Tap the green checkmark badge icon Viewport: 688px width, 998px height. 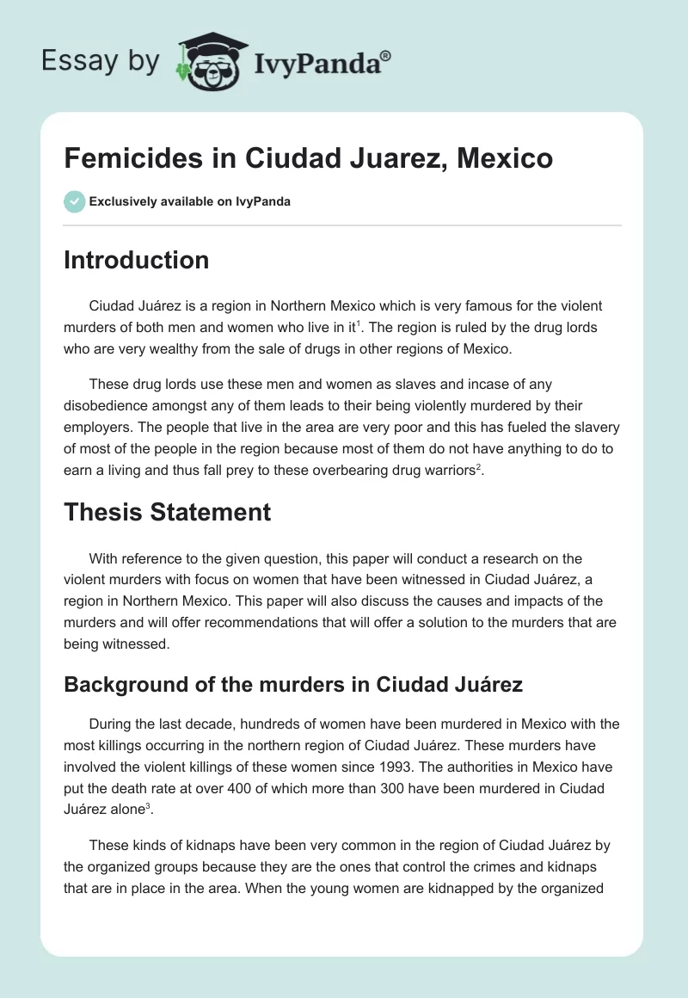(74, 201)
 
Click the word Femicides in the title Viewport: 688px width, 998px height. (122, 159)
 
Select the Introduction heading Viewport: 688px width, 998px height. (136, 260)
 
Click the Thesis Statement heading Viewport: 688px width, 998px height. (167, 513)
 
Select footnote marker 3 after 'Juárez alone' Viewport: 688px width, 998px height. (149, 804)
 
